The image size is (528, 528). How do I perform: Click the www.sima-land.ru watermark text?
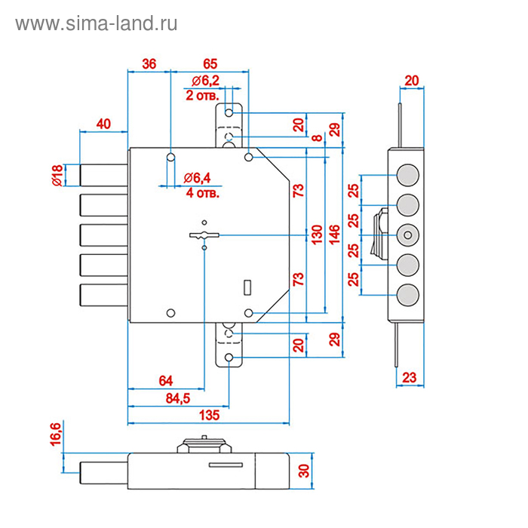(96, 24)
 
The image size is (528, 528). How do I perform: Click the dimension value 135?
(209, 415)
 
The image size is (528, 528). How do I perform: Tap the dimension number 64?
(166, 379)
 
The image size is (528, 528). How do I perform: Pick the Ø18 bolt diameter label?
(57, 174)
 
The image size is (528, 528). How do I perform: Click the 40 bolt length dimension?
(104, 124)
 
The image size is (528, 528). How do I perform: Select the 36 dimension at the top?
(149, 64)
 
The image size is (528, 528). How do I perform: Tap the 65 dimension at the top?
(210, 64)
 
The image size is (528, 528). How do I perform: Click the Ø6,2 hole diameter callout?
(205, 81)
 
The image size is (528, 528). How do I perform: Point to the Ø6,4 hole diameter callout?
(201, 178)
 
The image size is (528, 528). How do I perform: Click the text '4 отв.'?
(202, 192)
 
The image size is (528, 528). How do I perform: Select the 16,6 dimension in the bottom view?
(56, 437)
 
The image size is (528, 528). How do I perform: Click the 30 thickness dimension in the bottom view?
(305, 471)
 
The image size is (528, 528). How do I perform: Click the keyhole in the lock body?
(204, 235)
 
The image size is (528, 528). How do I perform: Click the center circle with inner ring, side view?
(407, 235)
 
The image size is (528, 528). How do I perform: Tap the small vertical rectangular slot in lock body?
(247, 287)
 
